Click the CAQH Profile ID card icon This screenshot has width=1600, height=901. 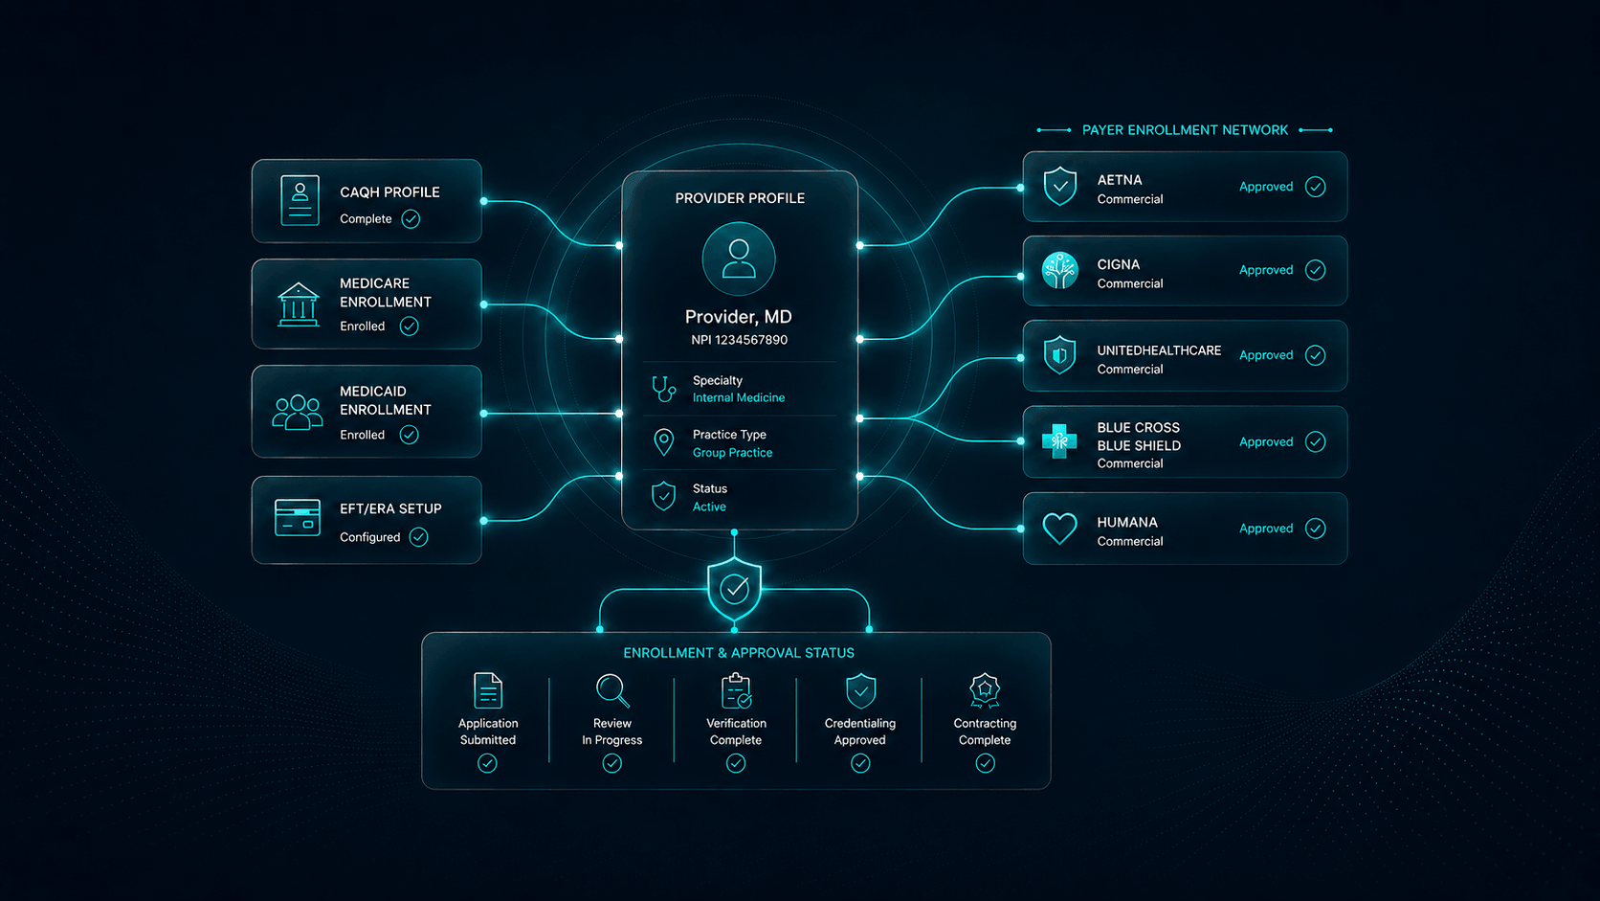pos(300,201)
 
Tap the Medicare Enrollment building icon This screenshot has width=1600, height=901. pos(298,304)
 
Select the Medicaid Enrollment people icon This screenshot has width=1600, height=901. pos(298,412)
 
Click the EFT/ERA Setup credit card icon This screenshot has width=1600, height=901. pos(298,517)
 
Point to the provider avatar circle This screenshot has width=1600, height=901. pos(739,259)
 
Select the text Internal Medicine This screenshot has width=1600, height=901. pos(739,397)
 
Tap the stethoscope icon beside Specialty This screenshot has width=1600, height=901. pos(663,389)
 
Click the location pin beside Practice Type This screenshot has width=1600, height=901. pos(663,442)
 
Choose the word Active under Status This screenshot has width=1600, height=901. pos(709,507)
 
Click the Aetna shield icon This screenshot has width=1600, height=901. pos(1060,187)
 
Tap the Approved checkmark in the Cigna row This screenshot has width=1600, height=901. pos(1315,270)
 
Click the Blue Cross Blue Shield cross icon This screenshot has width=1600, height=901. pos(1059,441)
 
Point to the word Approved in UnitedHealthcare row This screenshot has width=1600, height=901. pos(1266,355)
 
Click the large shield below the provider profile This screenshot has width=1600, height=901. pos(734,589)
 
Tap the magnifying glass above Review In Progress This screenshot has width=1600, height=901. pos(612,691)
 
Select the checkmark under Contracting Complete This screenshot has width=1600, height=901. pos(985,764)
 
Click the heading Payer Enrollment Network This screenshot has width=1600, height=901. pos(1185,130)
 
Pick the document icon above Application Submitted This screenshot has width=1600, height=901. pos(488,691)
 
